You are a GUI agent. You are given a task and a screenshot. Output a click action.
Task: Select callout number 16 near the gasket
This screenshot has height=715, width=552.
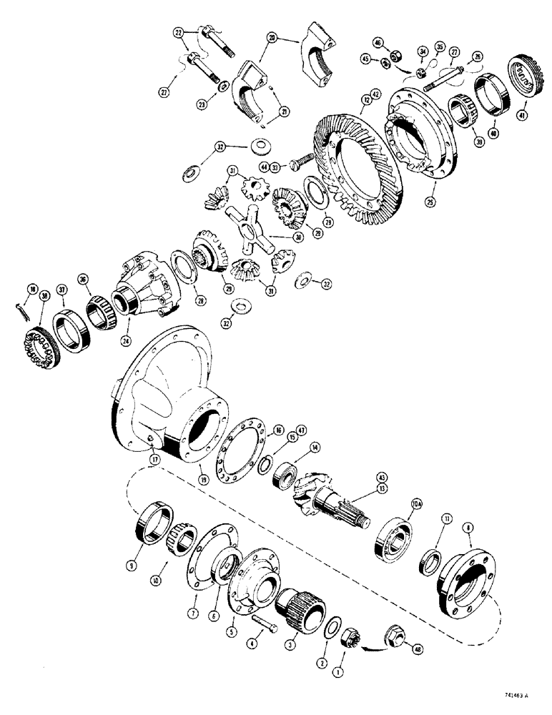pyautogui.click(x=279, y=430)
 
